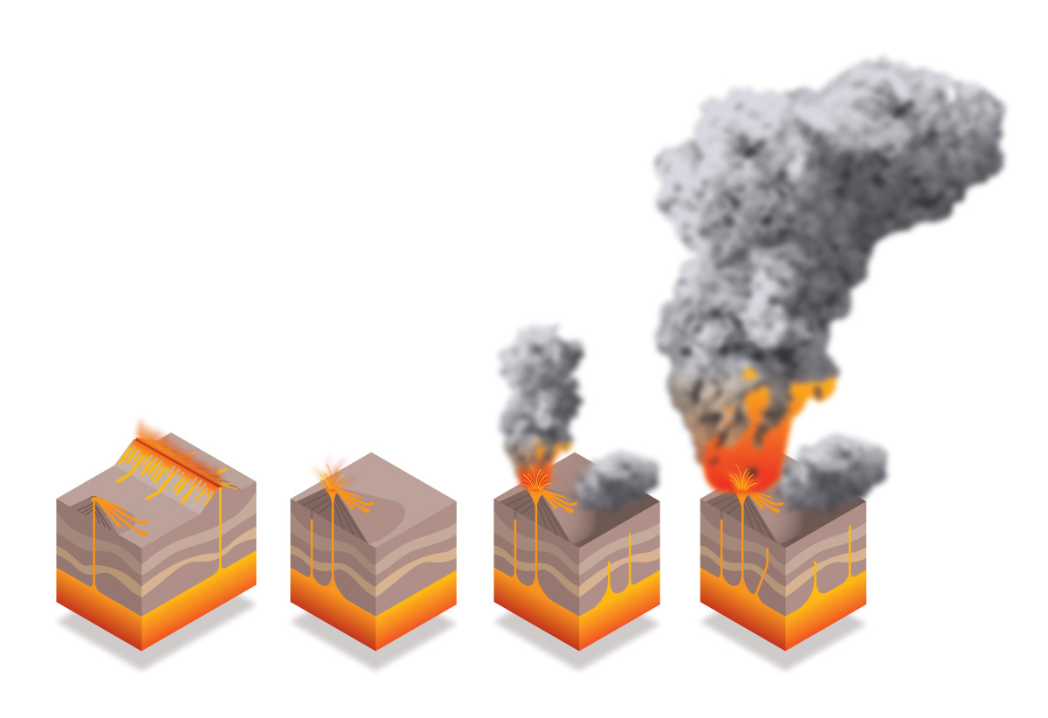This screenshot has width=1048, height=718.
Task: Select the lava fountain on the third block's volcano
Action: tap(535, 479)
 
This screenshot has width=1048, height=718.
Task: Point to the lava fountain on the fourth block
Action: tap(743, 481)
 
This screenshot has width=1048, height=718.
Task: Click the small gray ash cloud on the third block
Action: tap(616, 480)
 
